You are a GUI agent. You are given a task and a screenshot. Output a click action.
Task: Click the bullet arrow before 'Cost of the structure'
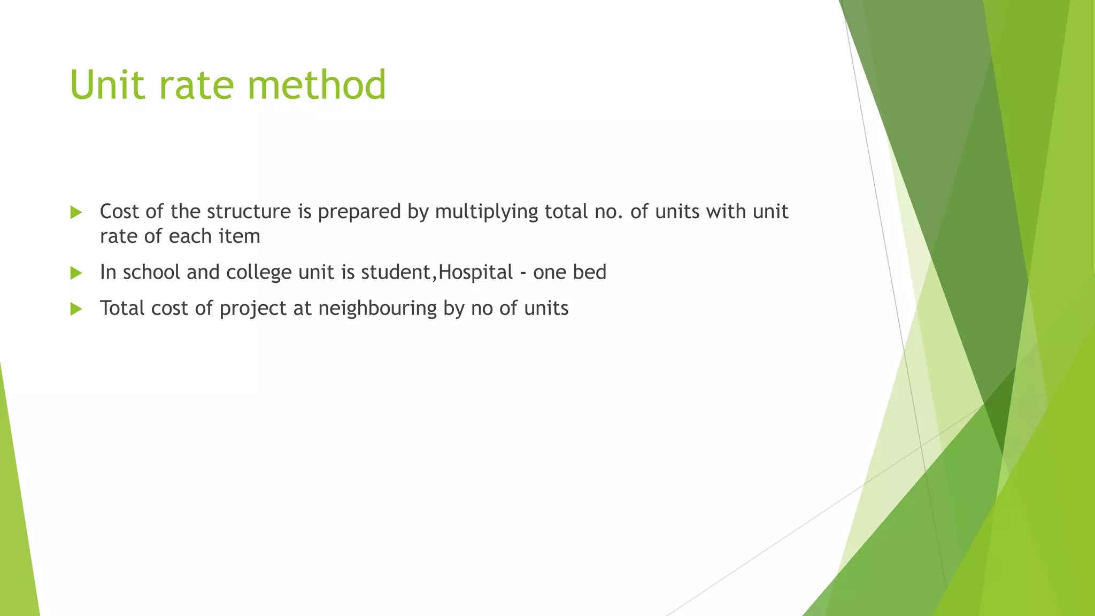76,213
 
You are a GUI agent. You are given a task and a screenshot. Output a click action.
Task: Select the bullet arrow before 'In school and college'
76,273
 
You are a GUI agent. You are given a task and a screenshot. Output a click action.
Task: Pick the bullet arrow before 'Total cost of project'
76,309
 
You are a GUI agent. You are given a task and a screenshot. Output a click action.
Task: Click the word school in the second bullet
151,272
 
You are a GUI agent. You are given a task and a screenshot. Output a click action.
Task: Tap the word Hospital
475,272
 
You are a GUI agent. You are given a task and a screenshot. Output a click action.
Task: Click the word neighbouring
377,309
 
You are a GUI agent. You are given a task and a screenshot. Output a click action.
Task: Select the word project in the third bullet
253,309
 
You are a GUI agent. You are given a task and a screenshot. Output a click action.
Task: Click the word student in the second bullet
396,272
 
